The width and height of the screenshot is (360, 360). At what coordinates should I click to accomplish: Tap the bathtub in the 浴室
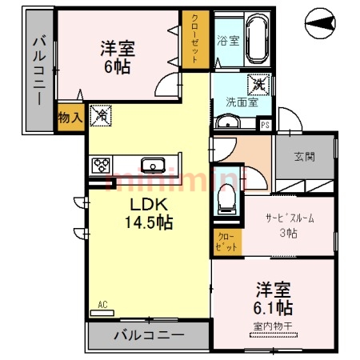coord(255,40)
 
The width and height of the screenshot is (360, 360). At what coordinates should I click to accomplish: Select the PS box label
coord(266,124)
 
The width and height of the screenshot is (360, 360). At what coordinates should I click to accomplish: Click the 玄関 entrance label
coord(304,157)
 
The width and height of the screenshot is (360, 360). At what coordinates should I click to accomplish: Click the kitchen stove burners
coord(102,166)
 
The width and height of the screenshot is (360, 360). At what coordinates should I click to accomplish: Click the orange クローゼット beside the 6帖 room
coord(194,38)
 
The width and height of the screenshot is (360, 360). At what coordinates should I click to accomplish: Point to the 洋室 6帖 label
coord(118,57)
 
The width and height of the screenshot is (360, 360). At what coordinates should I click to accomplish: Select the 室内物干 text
coord(274,326)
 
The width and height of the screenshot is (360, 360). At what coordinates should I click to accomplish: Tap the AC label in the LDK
coord(102,304)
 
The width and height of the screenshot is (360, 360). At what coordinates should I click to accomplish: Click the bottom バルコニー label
coord(148,335)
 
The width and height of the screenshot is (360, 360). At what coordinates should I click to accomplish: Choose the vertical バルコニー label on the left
coord(38,71)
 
